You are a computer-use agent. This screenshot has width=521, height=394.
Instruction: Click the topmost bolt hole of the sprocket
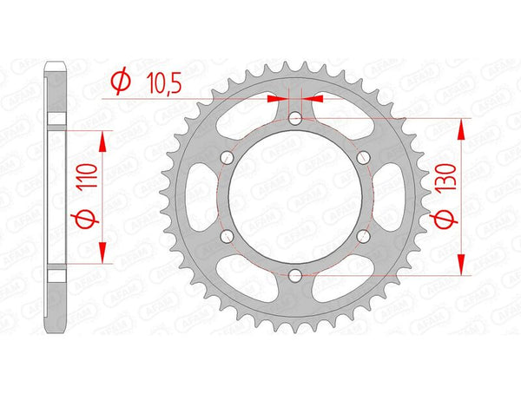pos(295,119)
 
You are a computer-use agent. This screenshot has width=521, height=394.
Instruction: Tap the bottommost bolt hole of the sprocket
pos(295,275)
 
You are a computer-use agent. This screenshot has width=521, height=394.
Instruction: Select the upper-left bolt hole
pos(228,158)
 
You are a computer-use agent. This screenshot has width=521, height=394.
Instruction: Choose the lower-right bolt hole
pos(363,236)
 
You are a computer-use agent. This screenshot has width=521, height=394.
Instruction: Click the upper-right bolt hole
pos(363,158)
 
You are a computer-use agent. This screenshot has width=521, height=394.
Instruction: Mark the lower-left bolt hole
pos(228,236)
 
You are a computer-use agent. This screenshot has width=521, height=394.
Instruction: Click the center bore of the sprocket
pos(295,197)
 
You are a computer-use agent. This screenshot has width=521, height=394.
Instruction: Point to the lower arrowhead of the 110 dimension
pos(104,253)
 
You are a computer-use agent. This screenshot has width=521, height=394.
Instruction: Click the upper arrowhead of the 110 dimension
pos(104,141)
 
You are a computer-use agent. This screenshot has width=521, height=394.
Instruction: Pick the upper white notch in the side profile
pos(56,118)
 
